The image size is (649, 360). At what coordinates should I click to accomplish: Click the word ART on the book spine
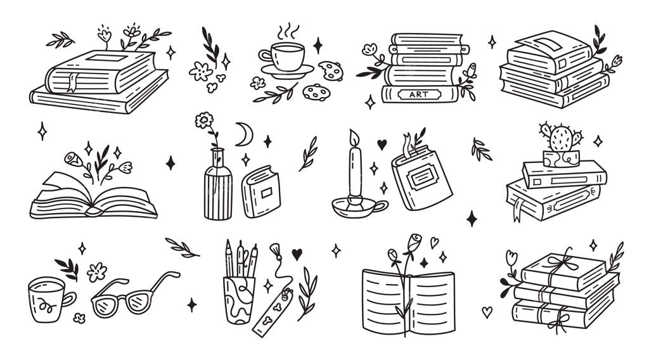click(x=418, y=95)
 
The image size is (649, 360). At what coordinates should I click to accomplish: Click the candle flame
click(x=354, y=138)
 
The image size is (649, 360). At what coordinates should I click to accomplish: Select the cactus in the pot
click(x=561, y=137)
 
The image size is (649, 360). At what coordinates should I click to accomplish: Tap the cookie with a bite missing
click(x=331, y=71)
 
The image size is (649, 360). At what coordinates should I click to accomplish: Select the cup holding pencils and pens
click(x=239, y=300)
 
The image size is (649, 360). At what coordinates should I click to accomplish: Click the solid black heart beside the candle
click(x=382, y=145)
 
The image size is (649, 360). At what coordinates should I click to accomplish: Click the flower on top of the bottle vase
click(x=204, y=120)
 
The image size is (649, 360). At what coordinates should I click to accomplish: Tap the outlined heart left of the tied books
click(x=487, y=312)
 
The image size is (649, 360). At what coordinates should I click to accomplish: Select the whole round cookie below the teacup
click(x=317, y=93)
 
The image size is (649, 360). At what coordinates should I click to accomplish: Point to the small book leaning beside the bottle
click(x=262, y=191)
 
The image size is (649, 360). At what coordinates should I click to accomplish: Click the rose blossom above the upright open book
click(x=414, y=242)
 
